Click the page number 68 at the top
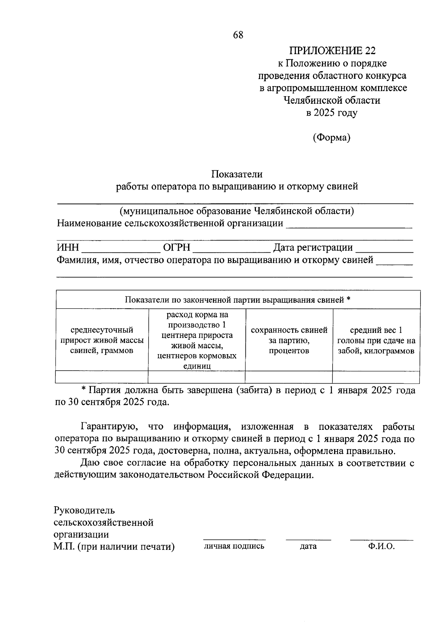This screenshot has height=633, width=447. (238, 35)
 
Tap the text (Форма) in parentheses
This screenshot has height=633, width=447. (332, 138)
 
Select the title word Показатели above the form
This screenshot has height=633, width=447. (237, 174)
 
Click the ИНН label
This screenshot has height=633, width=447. (67, 248)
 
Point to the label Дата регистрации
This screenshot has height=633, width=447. (313, 248)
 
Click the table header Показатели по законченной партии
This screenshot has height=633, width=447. (238, 300)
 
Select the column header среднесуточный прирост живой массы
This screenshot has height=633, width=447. (102, 340)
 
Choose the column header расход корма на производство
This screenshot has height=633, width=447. (197, 340)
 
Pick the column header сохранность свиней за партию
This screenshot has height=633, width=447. (289, 340)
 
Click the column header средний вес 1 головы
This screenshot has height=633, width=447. (376, 340)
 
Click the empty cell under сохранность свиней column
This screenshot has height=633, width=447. (289, 377)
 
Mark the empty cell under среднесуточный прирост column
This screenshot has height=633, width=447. (102, 377)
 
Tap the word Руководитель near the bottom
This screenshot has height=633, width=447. (84, 510)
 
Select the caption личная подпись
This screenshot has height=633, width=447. (234, 546)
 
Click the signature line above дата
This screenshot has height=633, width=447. (308, 539)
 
